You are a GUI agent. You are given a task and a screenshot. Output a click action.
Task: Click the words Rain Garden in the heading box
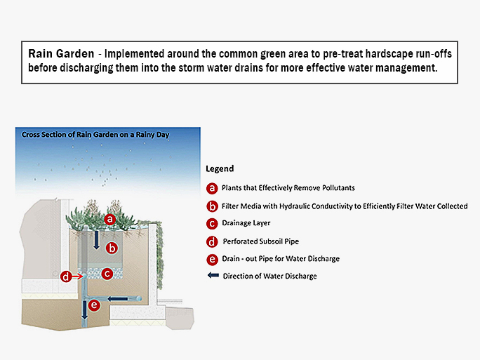pos(60,53)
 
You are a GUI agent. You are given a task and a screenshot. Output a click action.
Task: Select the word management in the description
pos(406,68)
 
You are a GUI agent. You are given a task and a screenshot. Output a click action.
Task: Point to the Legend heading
pos(220,169)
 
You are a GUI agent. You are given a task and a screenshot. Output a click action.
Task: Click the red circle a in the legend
pos(212,188)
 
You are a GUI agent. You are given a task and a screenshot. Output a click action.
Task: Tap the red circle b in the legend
pos(212,206)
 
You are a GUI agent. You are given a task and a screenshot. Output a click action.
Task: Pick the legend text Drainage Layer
pos(246,224)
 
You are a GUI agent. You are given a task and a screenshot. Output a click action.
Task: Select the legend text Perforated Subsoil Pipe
pos(260,241)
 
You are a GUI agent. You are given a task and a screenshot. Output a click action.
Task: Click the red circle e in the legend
pos(212,259)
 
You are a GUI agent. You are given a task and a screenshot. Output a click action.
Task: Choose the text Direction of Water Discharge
pos(269,276)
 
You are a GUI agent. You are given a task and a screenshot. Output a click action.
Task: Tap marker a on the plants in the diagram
pos(109,220)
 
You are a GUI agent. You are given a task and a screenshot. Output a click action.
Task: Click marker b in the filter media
pos(112,248)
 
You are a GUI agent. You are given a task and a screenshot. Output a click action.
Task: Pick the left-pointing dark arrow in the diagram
pos(117,299)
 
